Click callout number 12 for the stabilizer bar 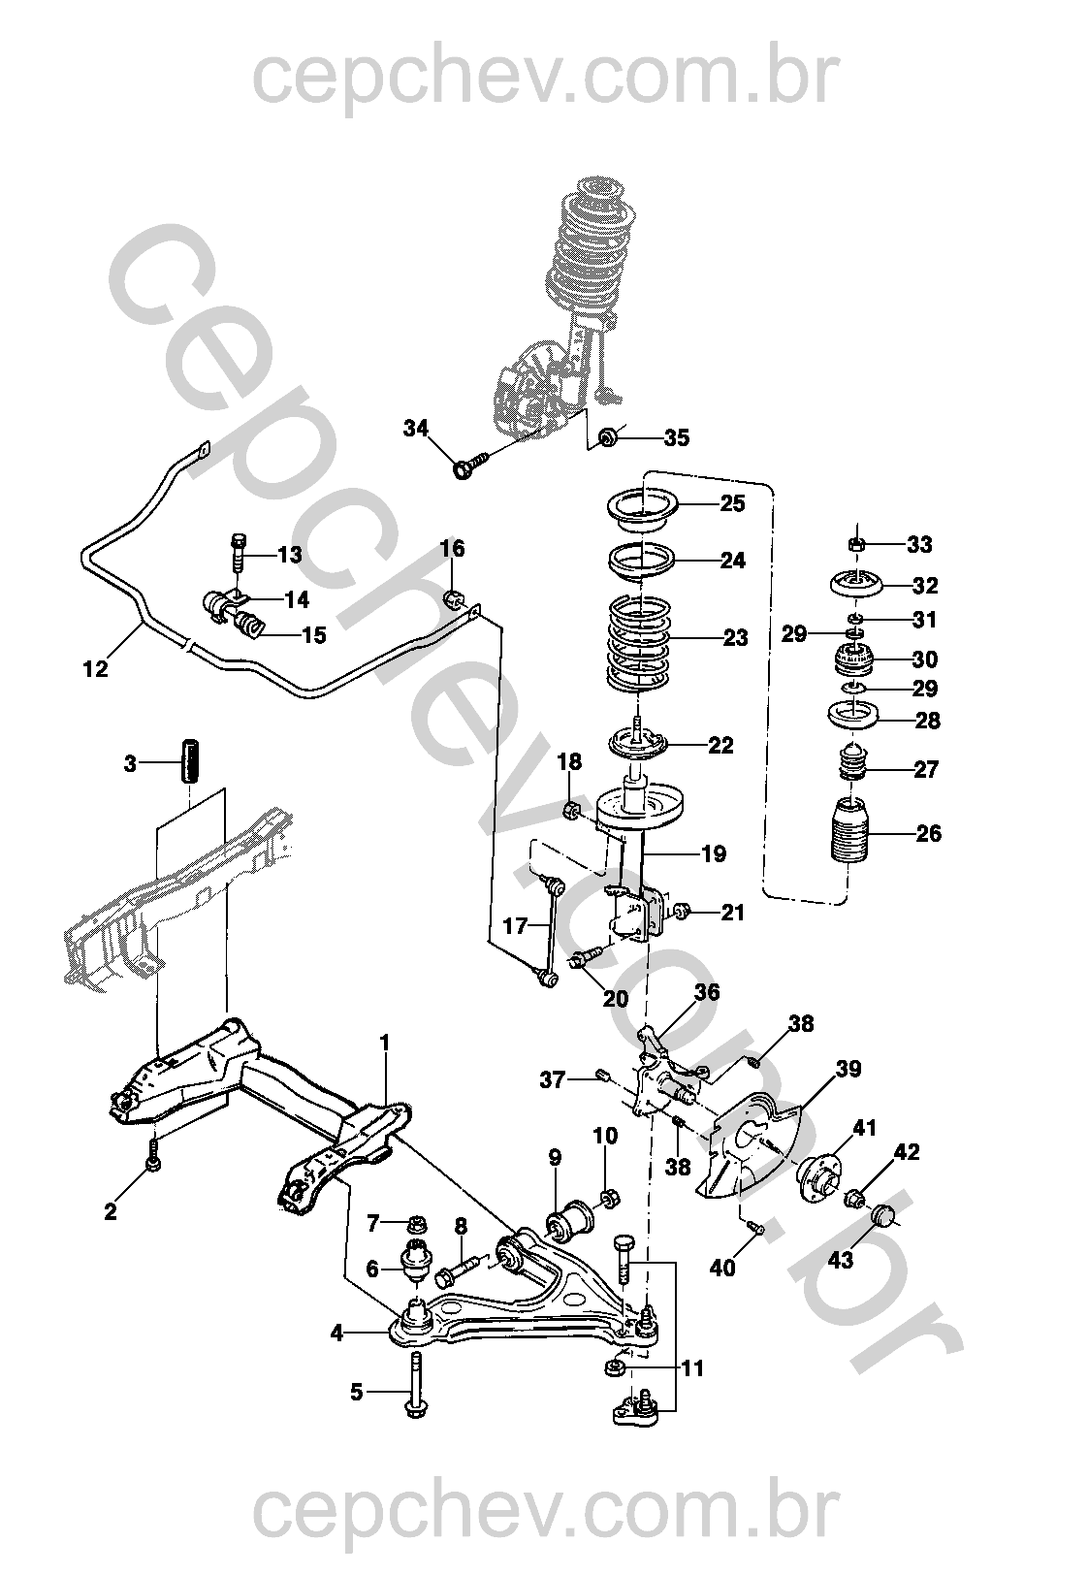point(96,668)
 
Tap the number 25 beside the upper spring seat point(732,503)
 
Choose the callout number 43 point(841,1259)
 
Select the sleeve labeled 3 point(190,760)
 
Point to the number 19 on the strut point(714,853)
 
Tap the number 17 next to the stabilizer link point(515,926)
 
